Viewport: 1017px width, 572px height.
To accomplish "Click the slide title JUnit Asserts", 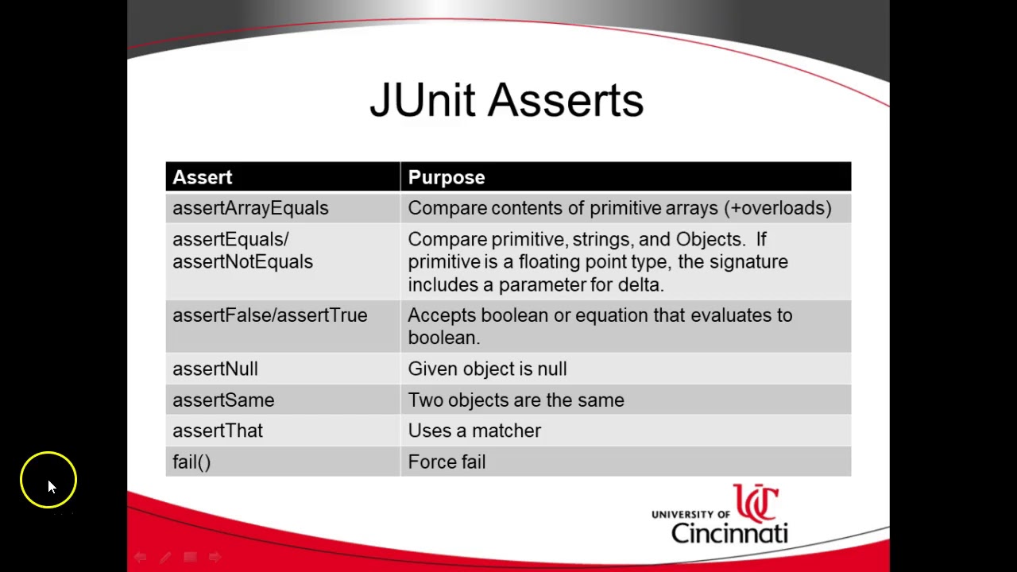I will coord(506,101).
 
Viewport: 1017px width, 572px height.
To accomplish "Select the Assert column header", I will coord(203,177).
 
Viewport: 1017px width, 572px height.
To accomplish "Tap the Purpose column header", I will coord(446,177).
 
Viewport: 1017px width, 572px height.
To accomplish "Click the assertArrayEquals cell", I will coord(250,208).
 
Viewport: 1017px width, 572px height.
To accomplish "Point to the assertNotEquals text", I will coord(242,262).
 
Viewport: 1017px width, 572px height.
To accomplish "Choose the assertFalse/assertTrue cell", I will coord(269,315).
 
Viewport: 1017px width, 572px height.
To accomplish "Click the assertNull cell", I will coord(215,369).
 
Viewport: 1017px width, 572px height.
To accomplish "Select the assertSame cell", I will coord(223,400).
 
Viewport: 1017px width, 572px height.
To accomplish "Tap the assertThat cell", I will coord(218,431).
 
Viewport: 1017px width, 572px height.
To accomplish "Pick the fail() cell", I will coord(191,462).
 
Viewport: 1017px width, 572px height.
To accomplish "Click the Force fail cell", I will coord(447,462).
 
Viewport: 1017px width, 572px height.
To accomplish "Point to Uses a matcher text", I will coord(474,431).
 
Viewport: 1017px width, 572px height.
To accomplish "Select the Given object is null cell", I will coord(487,369).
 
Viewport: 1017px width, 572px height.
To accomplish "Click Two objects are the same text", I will coord(516,400).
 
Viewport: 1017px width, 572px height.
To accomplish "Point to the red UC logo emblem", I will coord(756,504).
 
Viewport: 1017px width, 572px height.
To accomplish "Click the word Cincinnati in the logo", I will coord(729,531).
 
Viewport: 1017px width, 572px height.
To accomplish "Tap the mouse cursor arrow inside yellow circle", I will coord(51,485).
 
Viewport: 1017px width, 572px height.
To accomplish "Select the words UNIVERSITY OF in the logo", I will coord(690,515).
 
